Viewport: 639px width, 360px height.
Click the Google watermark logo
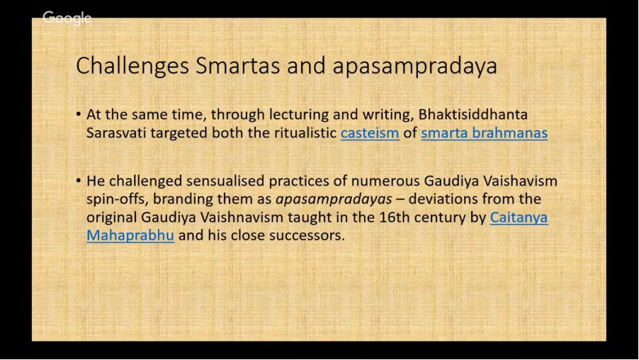click(x=67, y=18)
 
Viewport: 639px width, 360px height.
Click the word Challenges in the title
click(x=132, y=66)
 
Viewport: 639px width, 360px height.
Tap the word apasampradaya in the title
click(x=415, y=67)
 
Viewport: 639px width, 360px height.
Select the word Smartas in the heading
click(x=237, y=65)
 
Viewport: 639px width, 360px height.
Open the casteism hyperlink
click(x=370, y=133)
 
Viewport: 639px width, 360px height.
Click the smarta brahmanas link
click(x=484, y=133)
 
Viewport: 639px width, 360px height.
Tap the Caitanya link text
click(x=519, y=218)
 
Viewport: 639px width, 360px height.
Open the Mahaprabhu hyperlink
click(x=130, y=236)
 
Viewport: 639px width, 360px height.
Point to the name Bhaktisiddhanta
click(x=473, y=115)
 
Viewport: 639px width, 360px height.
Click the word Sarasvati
click(x=116, y=133)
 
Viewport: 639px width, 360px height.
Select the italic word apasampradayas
click(x=334, y=199)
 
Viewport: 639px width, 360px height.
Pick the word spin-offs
click(x=115, y=199)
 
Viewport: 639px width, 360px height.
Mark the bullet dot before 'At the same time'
click(x=79, y=115)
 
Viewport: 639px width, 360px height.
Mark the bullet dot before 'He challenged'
click(x=79, y=181)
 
